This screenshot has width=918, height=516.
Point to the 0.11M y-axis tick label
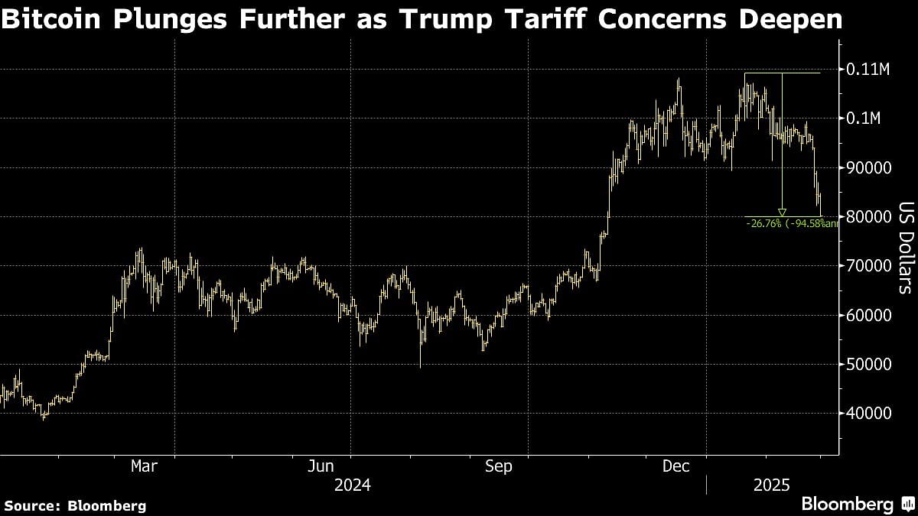tap(869, 70)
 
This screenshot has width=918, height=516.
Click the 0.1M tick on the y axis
tap(865, 118)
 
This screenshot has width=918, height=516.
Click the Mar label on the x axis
tap(144, 466)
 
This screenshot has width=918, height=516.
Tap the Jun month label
tap(321, 466)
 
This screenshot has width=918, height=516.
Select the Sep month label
tap(498, 466)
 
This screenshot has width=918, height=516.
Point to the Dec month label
tap(675, 466)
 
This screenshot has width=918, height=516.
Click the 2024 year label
tap(351, 485)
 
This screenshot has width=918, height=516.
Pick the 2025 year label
tap(772, 485)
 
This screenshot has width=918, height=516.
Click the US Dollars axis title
tap(905, 248)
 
